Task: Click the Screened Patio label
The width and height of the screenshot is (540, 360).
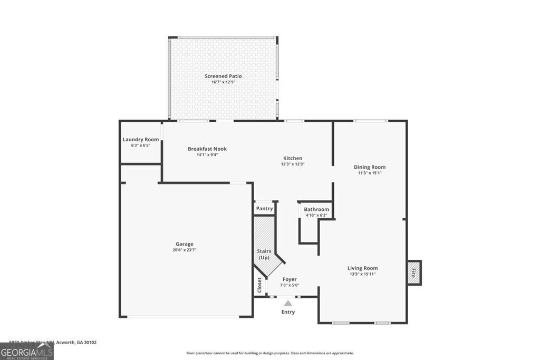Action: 223,76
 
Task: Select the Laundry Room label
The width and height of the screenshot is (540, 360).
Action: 141,140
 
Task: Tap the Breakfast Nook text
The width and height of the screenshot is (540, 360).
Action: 207,149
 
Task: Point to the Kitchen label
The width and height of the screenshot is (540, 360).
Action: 293,158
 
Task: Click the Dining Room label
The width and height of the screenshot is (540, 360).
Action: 370,168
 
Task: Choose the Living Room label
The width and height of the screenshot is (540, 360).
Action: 362,268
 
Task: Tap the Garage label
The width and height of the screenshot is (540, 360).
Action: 185,244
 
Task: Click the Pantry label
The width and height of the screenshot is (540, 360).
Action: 264,209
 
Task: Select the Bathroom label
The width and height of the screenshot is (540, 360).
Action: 316,210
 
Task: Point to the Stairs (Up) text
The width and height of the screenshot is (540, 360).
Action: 264,255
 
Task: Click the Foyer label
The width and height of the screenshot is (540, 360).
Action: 290,279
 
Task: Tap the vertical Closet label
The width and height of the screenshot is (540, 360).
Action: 259,285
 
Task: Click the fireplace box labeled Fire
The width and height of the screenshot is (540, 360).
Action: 414,273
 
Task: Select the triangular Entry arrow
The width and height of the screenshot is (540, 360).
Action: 288,303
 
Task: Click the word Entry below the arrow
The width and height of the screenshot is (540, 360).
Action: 288,312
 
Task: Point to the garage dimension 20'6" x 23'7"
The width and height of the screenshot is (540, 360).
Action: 185,250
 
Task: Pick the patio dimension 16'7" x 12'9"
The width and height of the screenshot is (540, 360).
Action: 223,82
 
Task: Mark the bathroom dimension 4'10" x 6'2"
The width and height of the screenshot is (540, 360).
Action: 316,215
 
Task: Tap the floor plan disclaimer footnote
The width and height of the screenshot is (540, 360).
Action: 270,353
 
